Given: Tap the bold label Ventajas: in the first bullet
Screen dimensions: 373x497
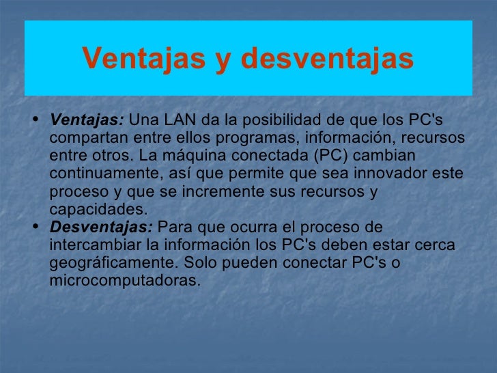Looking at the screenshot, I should click(x=87, y=120).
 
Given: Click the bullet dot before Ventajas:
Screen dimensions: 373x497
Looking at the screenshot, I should click(x=35, y=120).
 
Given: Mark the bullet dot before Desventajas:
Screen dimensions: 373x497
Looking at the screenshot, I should click(x=35, y=227).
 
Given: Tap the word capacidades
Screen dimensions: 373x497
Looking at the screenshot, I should click(x=97, y=209).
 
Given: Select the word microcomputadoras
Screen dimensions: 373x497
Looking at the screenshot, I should click(x=124, y=280).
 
